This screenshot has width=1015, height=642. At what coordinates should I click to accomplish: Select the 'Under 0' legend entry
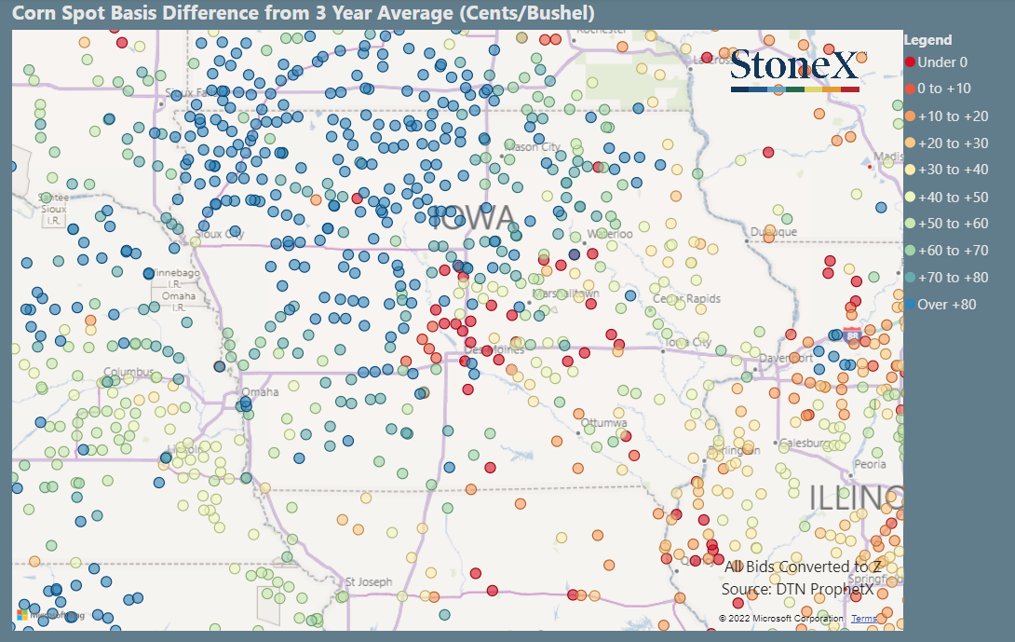[941, 62]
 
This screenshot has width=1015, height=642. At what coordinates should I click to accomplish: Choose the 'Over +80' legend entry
[946, 305]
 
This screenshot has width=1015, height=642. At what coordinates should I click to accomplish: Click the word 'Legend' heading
[927, 40]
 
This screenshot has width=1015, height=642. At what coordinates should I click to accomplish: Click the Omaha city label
[260, 392]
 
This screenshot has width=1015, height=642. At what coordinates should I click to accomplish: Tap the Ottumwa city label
[605, 423]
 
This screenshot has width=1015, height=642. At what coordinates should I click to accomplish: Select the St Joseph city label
[369, 582]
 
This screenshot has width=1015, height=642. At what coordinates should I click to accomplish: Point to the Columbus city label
[129, 373]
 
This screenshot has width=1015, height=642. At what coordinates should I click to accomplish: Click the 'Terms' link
[863, 619]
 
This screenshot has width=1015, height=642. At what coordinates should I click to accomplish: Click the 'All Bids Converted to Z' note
[803, 567]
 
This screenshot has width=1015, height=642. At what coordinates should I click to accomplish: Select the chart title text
[303, 14]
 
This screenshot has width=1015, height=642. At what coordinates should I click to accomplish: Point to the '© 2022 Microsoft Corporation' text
[780, 619]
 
